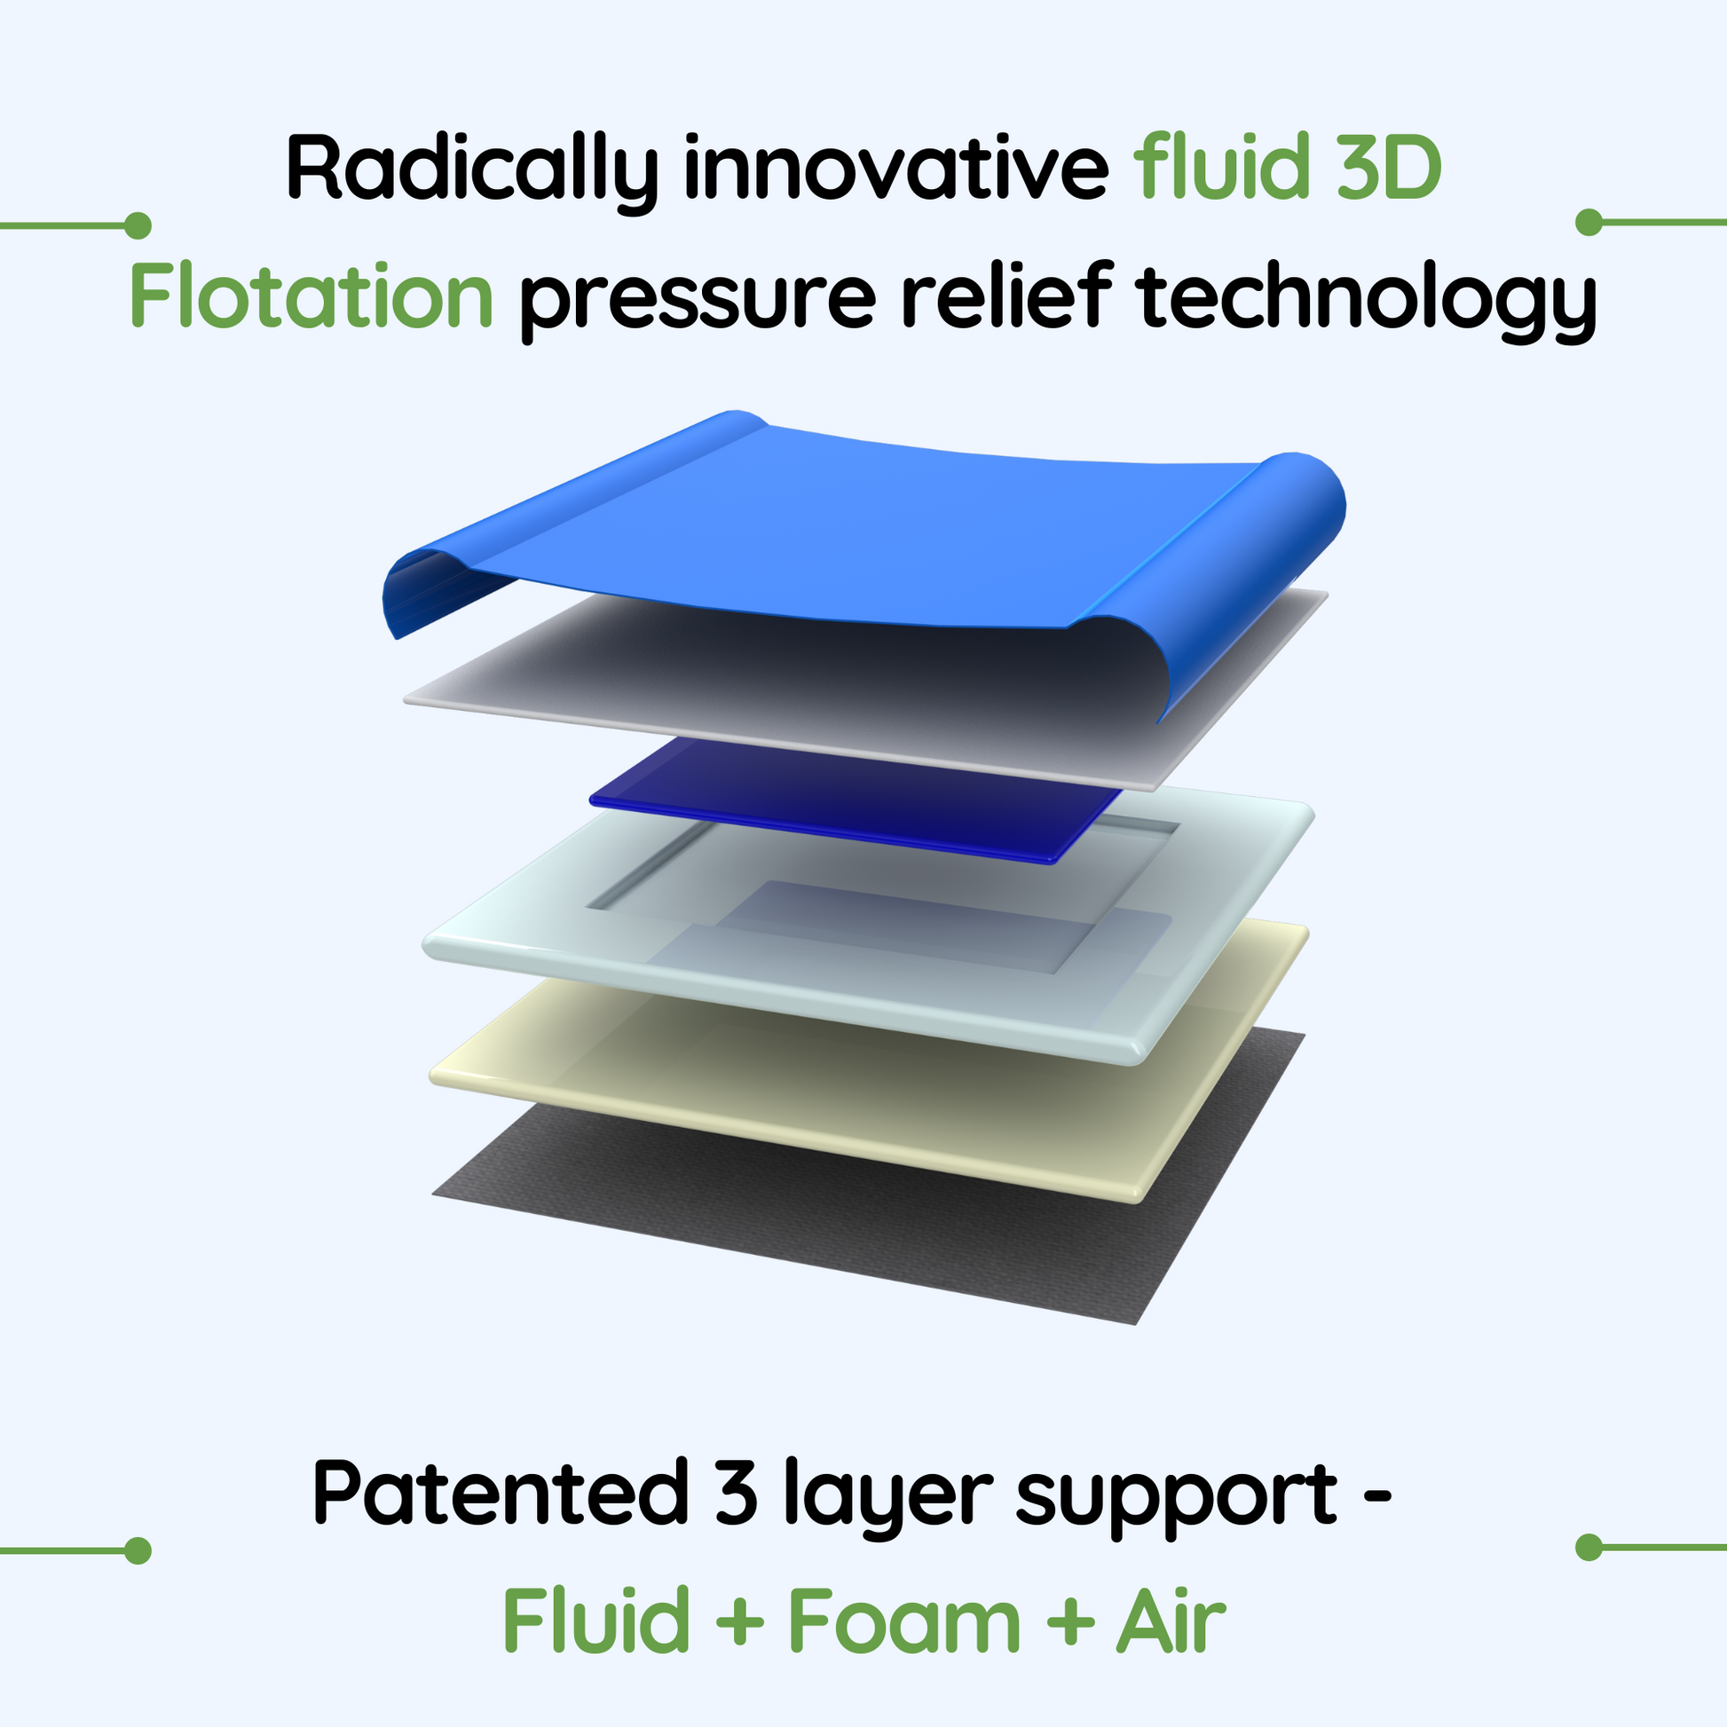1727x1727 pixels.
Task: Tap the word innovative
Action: tap(896, 166)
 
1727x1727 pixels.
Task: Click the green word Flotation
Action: tap(311, 294)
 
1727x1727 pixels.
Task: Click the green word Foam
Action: tap(903, 1620)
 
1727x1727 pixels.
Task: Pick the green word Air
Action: tap(1170, 1620)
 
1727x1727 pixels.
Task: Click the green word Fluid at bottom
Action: tap(595, 1620)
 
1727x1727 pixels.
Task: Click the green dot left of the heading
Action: tap(137, 225)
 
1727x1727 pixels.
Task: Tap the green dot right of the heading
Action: tap(1589, 223)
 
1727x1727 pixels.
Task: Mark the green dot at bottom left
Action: tap(137, 1551)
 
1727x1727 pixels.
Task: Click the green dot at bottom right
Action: tap(1589, 1548)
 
